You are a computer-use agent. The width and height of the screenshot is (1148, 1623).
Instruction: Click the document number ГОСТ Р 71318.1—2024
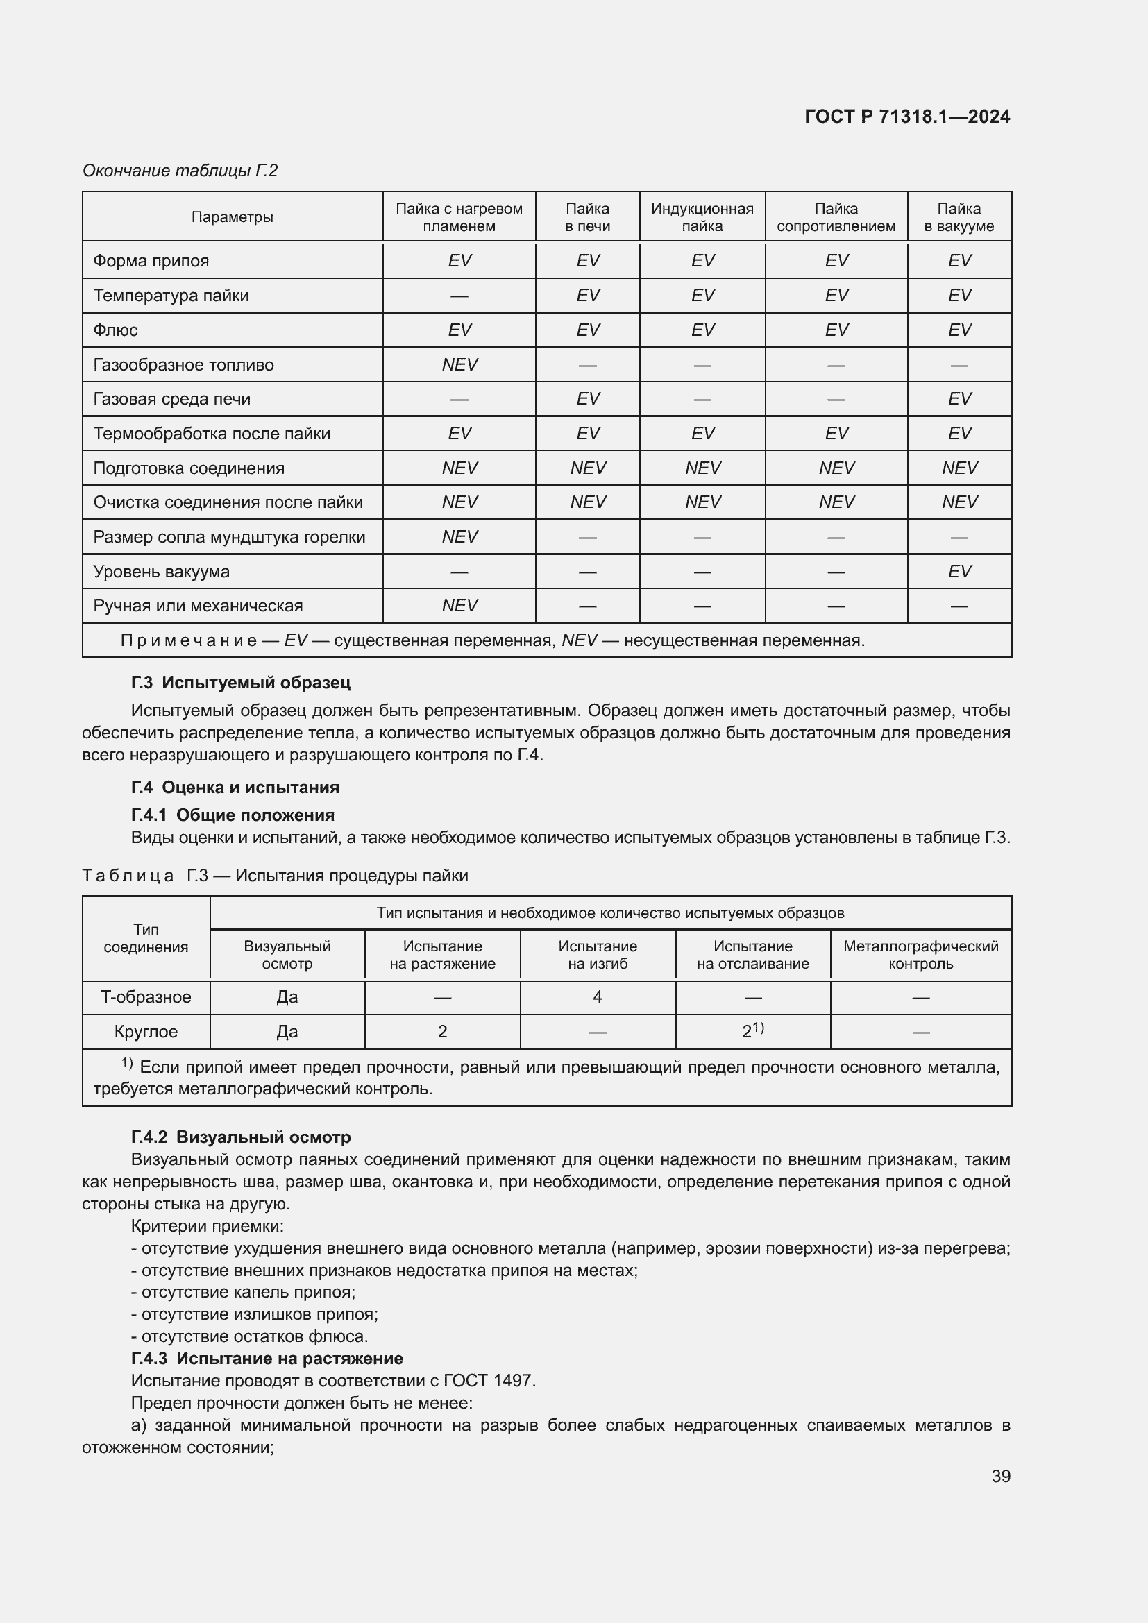pyautogui.click(x=907, y=117)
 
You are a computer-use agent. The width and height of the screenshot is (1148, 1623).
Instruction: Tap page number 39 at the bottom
pyautogui.click(x=1000, y=1476)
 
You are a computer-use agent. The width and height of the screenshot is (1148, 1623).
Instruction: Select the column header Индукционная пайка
pyautogui.click(x=702, y=217)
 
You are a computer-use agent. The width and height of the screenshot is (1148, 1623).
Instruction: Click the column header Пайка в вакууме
pyautogui.click(x=959, y=217)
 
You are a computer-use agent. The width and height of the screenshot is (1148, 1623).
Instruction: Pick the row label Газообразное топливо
pyautogui.click(x=183, y=365)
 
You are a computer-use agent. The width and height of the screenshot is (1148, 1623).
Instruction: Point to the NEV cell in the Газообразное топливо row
pyautogui.click(x=459, y=365)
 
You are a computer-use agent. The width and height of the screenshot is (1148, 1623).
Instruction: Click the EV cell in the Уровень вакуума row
pyautogui.click(x=959, y=571)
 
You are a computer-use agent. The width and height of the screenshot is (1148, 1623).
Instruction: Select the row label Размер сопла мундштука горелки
pyautogui.click(x=229, y=537)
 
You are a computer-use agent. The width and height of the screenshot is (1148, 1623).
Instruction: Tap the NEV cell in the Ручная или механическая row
pyautogui.click(x=459, y=606)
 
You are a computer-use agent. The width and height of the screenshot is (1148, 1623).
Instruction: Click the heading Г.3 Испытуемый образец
pyautogui.click(x=240, y=683)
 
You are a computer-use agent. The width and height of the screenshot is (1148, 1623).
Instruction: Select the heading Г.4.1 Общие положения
pyautogui.click(x=233, y=815)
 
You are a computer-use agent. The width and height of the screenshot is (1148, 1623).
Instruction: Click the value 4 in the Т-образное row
pyautogui.click(x=598, y=997)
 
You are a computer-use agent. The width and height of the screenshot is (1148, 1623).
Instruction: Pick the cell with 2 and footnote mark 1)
pyautogui.click(x=752, y=1031)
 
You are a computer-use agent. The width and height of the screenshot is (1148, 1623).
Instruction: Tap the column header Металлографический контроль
pyautogui.click(x=920, y=955)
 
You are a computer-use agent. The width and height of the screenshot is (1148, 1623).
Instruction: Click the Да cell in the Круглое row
pyautogui.click(x=287, y=1032)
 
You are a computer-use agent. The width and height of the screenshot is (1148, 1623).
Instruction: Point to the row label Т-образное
pyautogui.click(x=146, y=997)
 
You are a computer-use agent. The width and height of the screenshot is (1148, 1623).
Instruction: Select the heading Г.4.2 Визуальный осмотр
pyautogui.click(x=240, y=1137)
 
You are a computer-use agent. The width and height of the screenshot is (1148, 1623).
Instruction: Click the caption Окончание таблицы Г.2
pyautogui.click(x=180, y=171)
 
